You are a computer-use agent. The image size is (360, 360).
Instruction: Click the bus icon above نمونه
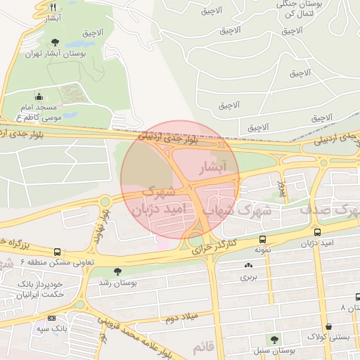262,239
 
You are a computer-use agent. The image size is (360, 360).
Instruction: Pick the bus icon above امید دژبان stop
318,231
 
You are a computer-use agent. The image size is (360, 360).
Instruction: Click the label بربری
249,276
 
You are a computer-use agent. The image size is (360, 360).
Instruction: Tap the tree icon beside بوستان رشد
117,271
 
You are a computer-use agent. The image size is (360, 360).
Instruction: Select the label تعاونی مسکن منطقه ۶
44,262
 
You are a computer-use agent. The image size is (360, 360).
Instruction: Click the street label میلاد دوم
181,316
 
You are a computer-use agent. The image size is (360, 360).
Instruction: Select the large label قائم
202,347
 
